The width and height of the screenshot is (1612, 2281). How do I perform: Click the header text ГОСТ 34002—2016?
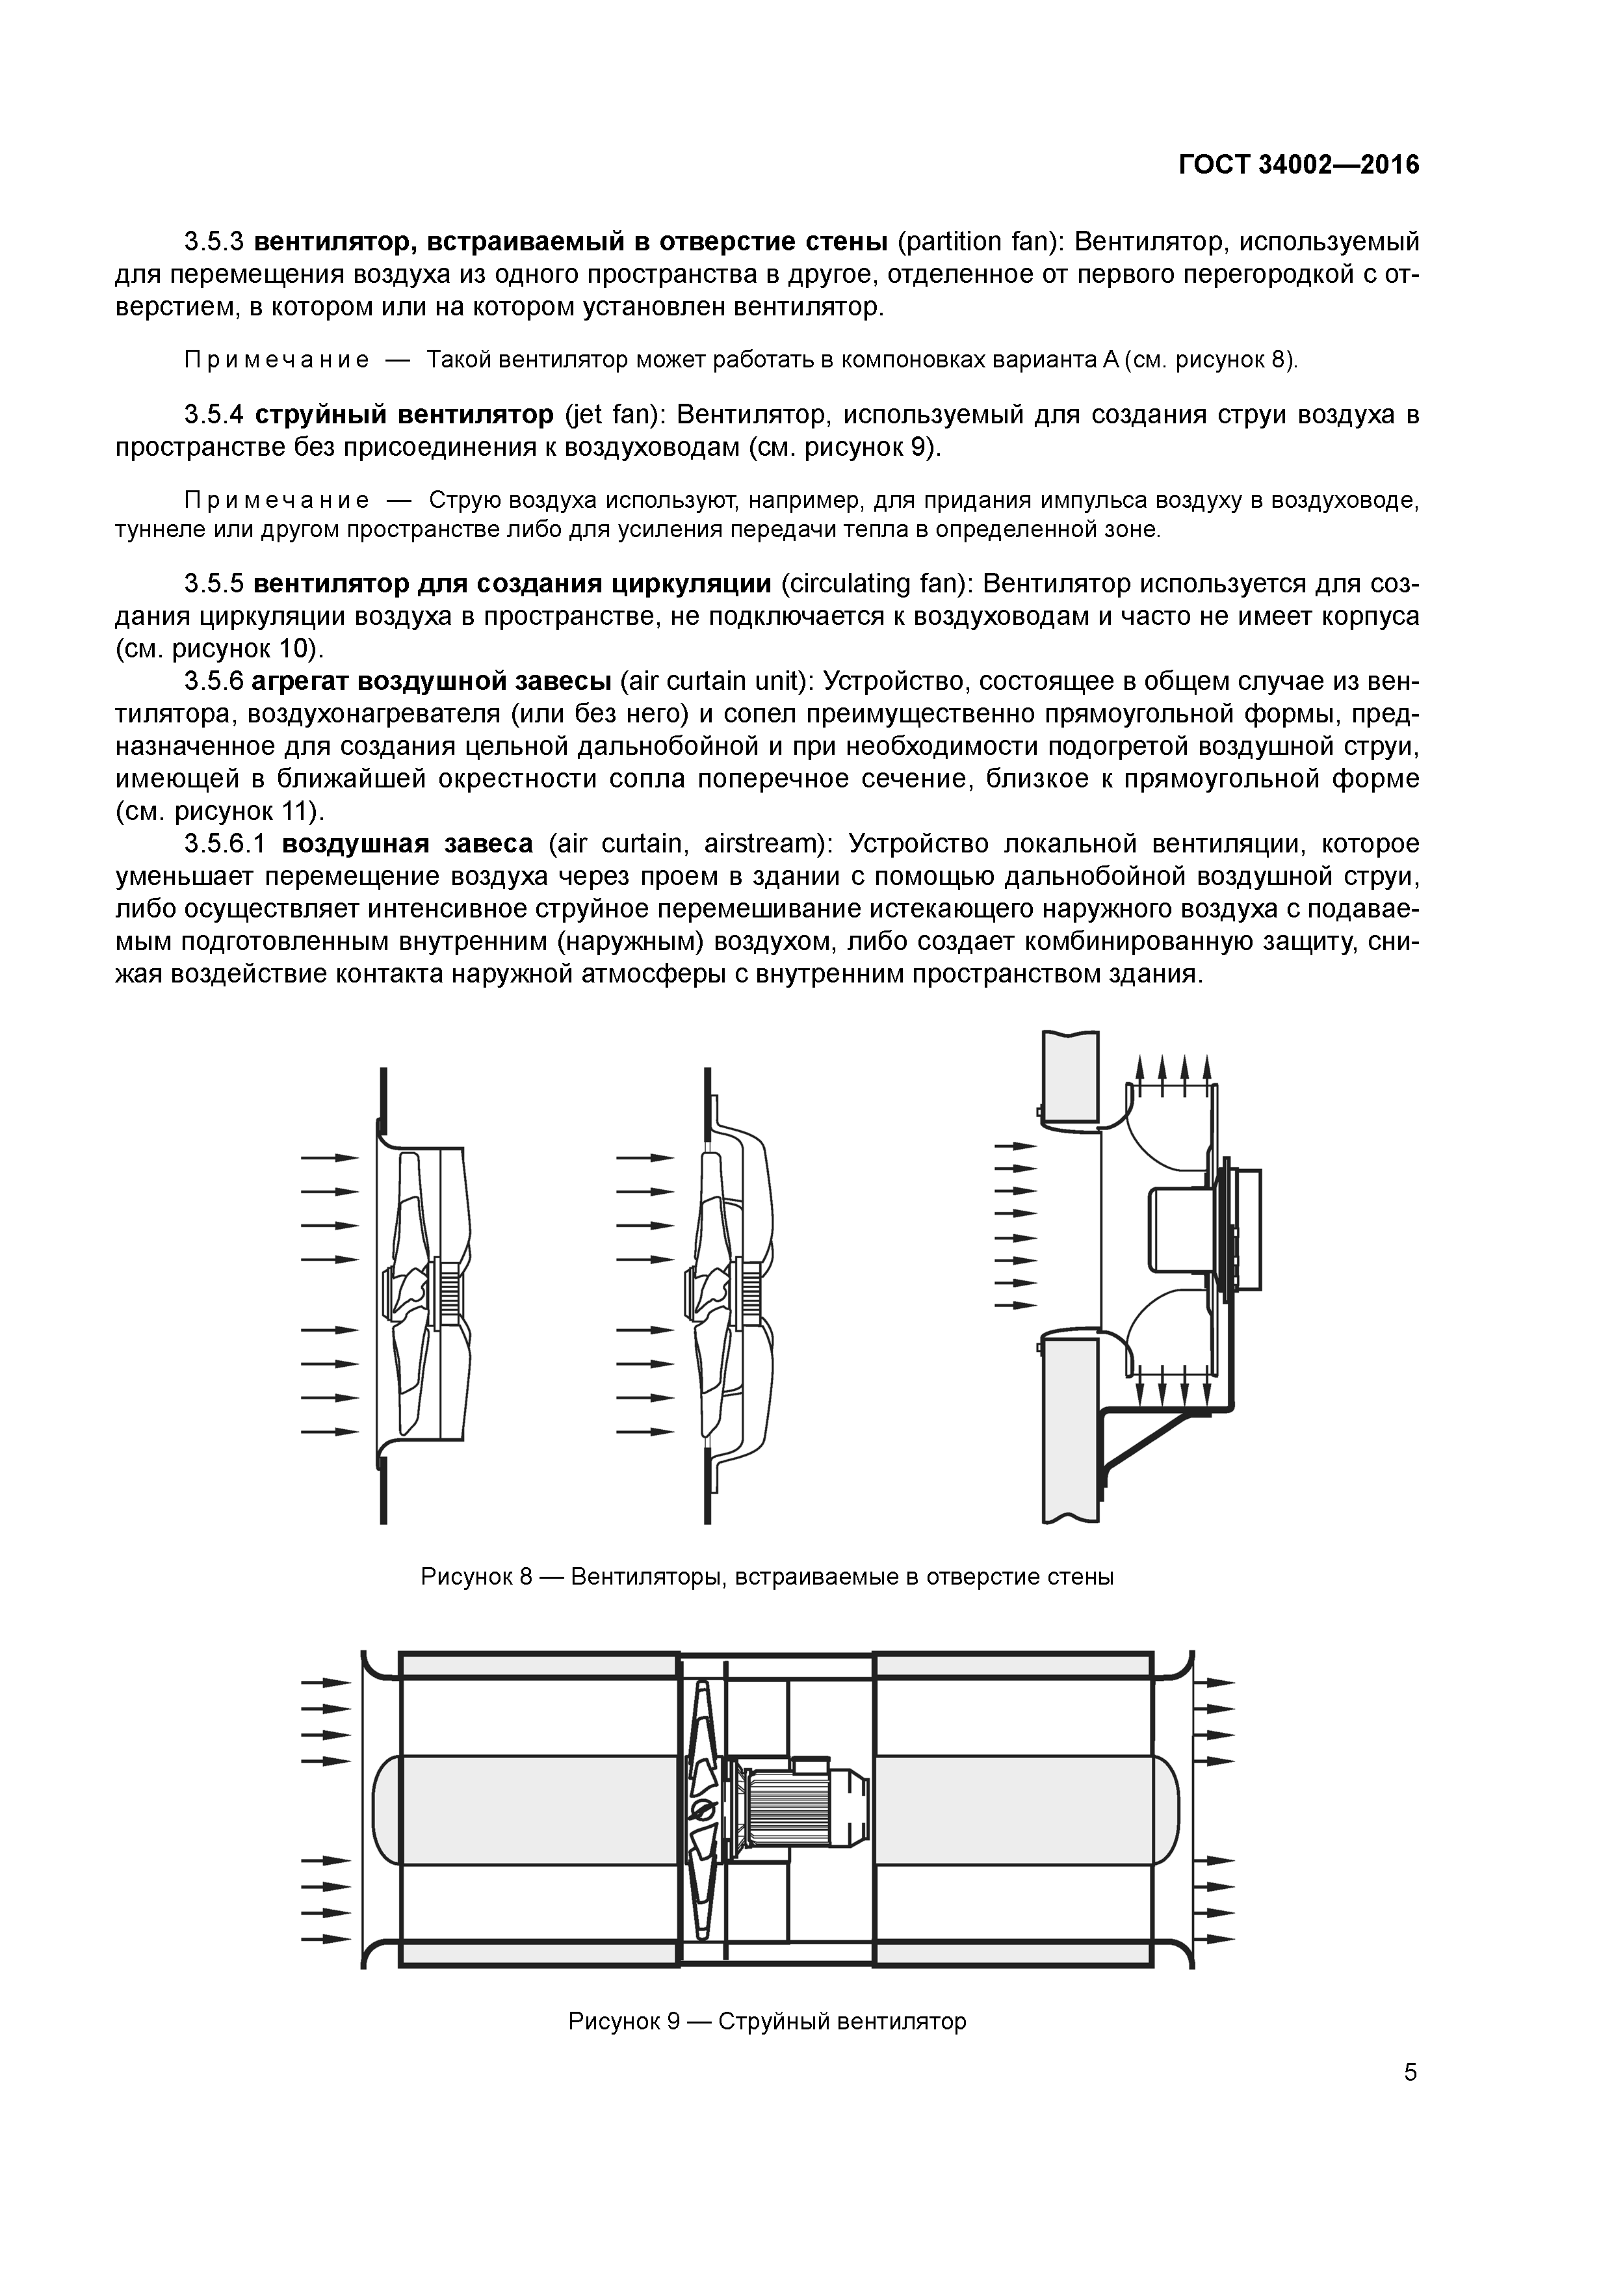(x=1298, y=165)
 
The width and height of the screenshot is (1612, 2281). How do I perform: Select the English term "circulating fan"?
(x=874, y=583)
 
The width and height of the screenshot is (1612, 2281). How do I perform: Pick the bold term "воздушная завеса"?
(x=407, y=845)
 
